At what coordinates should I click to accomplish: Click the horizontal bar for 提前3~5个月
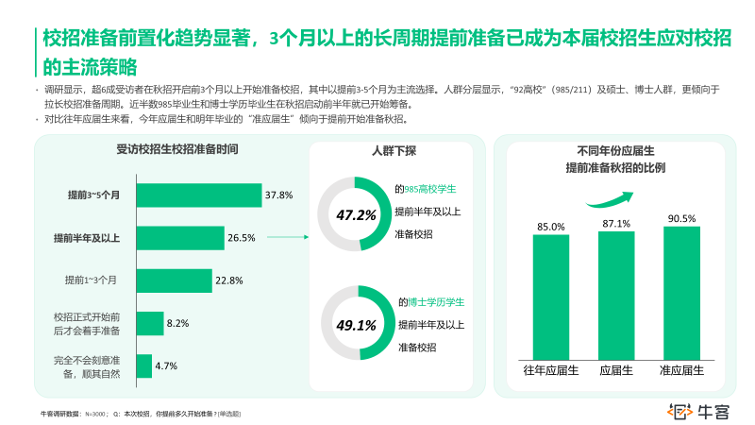199,195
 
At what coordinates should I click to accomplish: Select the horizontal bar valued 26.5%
180,238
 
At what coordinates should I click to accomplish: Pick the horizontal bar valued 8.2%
149,323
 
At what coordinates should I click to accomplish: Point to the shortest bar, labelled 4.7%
144,365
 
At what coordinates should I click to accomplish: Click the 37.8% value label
279,195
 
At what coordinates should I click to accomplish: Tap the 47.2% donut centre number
356,215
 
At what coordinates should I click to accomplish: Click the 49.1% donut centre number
356,326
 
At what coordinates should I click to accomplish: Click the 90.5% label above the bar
681,218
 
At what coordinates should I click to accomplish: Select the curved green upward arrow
608,196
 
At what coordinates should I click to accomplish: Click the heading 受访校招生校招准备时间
176,150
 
